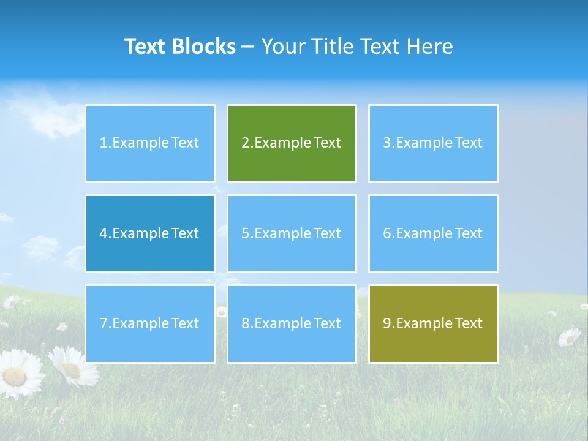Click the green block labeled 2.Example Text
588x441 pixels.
[x=292, y=143]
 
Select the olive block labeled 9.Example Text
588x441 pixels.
[x=433, y=323]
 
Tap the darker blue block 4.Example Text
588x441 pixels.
[x=150, y=233]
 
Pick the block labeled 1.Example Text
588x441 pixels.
[x=150, y=143]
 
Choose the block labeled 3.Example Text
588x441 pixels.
[x=433, y=143]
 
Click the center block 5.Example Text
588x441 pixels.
[x=292, y=233]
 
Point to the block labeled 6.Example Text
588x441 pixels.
[x=433, y=233]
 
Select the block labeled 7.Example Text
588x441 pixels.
[x=150, y=323]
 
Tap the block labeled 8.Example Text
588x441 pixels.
[x=292, y=323]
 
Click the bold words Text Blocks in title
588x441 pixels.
[x=180, y=47]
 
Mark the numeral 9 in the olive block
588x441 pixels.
[x=387, y=323]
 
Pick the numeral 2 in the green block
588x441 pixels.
[x=246, y=143]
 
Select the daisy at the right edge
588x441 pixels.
[x=569, y=336]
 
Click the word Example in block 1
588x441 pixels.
[x=140, y=143]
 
